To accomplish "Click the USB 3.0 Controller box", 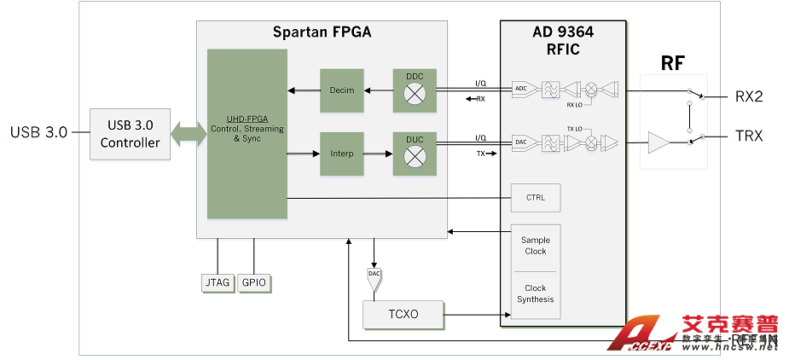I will [130, 133].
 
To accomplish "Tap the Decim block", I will [342, 90].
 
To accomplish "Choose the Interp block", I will [342, 154].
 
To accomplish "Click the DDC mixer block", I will [415, 90].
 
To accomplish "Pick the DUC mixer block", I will [415, 154].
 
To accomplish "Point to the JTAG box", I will [218, 283].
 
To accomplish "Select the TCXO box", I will [403, 315].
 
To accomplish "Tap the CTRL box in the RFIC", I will [535, 198].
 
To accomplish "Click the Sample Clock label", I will [535, 246].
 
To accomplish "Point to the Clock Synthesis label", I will [535, 293].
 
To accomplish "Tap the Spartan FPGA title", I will [322, 33].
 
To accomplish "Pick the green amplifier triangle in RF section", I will [659, 142].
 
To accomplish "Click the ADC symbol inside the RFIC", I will [520, 89].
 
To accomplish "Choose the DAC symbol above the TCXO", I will [373, 276].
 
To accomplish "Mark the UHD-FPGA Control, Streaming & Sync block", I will [247, 134].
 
